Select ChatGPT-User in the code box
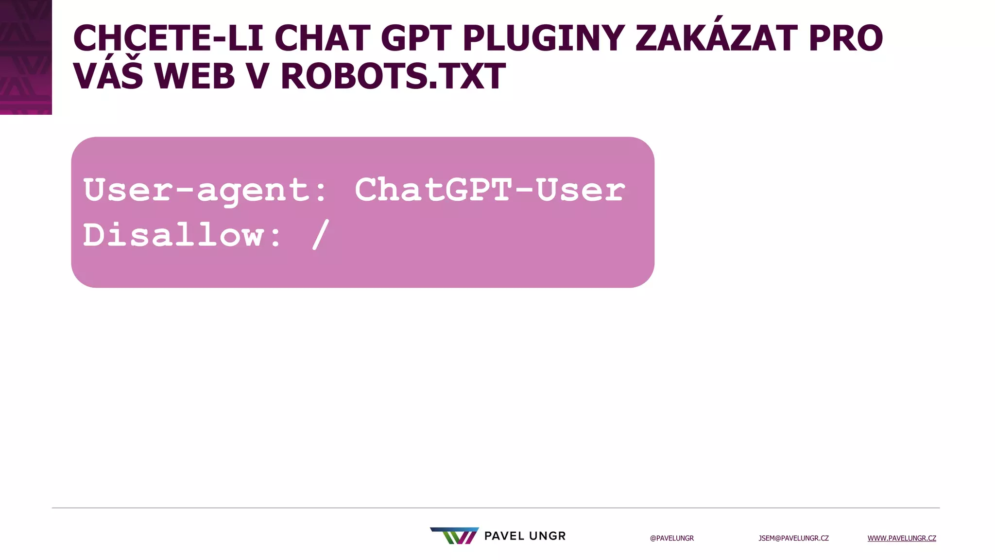click(490, 190)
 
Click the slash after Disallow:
click(321, 235)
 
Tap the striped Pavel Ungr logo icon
click(454, 536)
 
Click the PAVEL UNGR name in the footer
click(525, 536)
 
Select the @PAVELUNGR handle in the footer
click(672, 538)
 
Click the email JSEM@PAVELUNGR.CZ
click(793, 538)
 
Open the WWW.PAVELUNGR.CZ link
click(902, 538)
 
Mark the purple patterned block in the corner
click(26, 57)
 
